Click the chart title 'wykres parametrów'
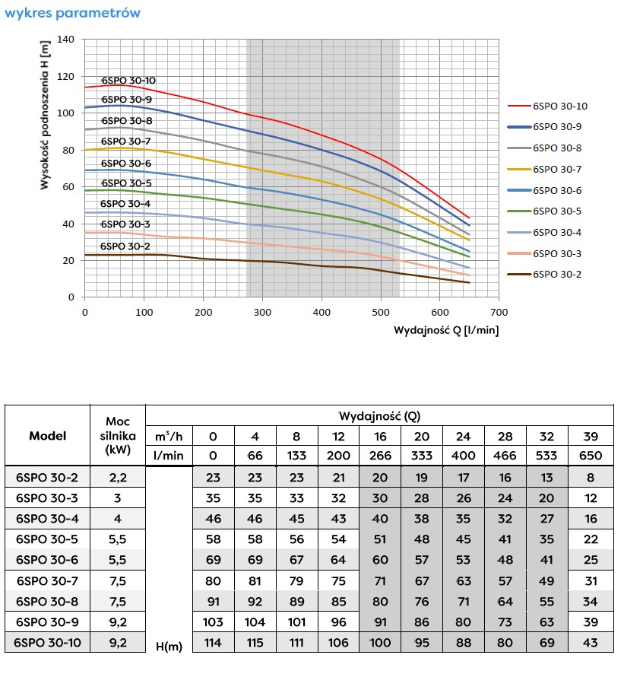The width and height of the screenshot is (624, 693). click(72, 14)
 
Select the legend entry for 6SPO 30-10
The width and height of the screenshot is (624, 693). click(559, 106)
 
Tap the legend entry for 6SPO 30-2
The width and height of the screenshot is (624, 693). click(557, 274)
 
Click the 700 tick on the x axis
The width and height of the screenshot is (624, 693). click(499, 312)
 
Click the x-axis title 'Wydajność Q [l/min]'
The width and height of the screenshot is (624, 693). click(446, 330)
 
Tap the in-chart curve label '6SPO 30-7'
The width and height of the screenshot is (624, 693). click(126, 141)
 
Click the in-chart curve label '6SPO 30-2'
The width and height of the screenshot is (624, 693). click(125, 246)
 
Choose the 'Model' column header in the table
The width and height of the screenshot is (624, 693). click(47, 436)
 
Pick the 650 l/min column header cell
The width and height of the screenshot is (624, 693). click(590, 456)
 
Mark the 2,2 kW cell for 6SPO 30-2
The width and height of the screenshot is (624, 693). click(117, 477)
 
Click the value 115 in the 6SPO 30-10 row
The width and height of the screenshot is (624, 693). click(255, 643)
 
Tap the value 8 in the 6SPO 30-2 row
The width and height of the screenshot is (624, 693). click(590, 477)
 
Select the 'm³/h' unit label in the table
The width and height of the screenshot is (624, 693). click(169, 436)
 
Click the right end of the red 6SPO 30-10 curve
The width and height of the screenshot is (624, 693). click(469, 218)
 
